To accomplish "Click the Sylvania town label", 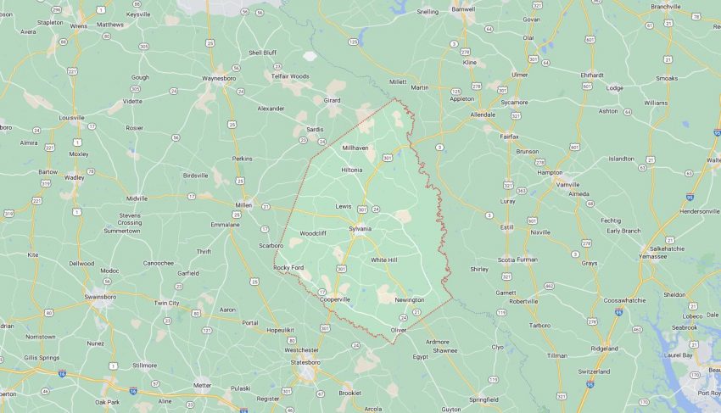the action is tap(360, 229).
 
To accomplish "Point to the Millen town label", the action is tap(243, 205).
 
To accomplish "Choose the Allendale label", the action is tap(483, 114).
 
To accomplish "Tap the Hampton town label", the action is tap(551, 172).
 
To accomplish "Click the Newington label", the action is tap(409, 299).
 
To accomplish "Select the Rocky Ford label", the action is tap(288, 267).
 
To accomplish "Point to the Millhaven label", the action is tap(355, 148).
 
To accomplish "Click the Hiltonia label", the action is tap(351, 170).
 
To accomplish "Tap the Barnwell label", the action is tap(463, 9).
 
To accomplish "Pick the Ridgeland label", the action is tap(604, 348).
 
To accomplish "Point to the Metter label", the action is tap(202, 385).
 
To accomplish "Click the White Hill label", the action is tap(383, 260).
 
